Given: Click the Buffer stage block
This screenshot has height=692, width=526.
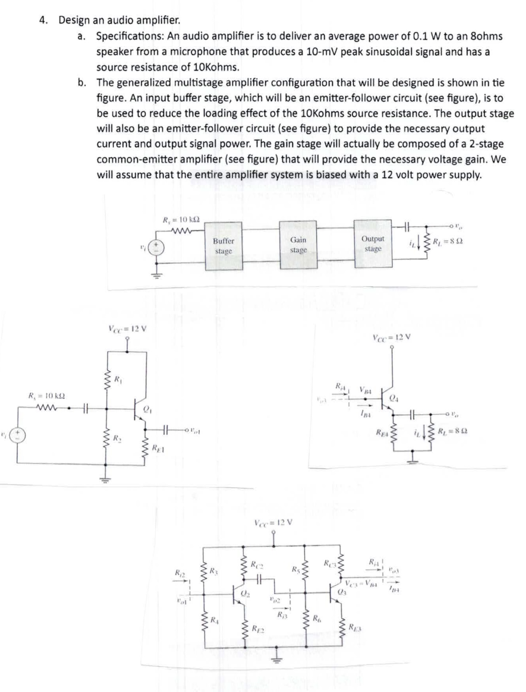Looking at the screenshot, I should pyautogui.click(x=223, y=246).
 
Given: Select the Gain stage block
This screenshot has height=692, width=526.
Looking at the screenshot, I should pyautogui.click(x=298, y=245).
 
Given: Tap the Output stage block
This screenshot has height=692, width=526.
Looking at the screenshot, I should pyautogui.click(x=373, y=243).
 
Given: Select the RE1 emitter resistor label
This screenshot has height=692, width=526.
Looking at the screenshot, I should pyautogui.click(x=158, y=448).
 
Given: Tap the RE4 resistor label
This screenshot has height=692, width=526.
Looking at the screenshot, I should pyautogui.click(x=382, y=432).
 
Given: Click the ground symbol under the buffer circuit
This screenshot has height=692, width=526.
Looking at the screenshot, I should pyautogui.click(x=105, y=479).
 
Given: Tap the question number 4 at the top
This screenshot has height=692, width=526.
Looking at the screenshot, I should pyautogui.click(x=42, y=20).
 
